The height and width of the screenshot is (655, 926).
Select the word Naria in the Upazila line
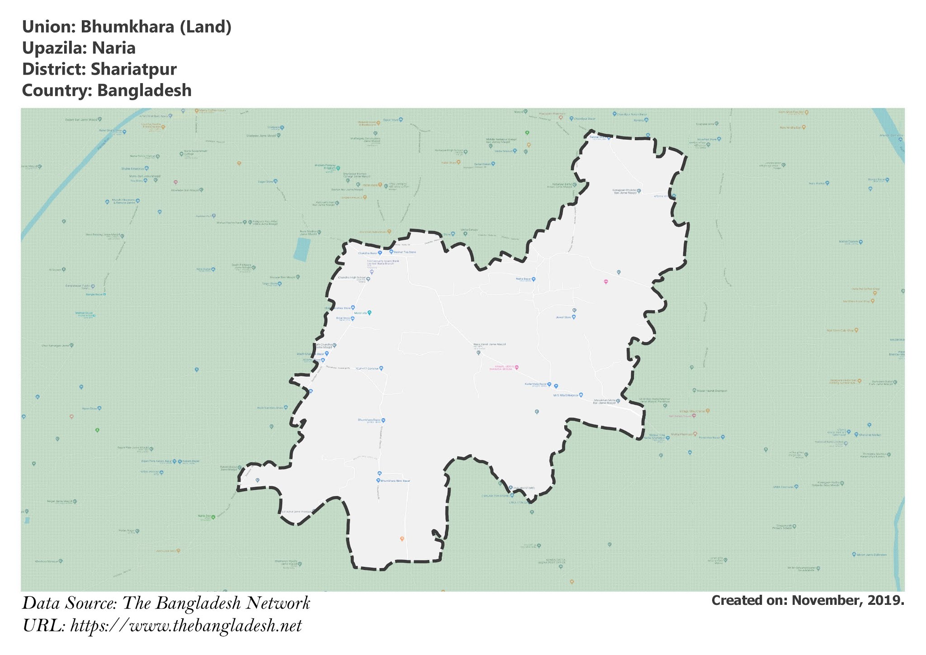pos(113,48)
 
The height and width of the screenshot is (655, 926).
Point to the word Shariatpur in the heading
pos(133,69)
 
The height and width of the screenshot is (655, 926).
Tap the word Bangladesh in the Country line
pos(144,90)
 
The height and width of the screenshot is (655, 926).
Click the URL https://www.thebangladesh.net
pos(186,626)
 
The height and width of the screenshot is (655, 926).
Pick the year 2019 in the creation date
pos(886,600)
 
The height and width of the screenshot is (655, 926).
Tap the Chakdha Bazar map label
pos(368,253)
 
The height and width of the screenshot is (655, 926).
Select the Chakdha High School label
pos(352,278)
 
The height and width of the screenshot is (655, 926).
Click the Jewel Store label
pos(563,317)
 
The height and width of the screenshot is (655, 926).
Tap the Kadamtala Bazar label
pos(536,384)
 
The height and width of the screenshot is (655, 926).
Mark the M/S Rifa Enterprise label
pos(566,395)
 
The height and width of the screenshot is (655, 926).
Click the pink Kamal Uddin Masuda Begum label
pos(501,368)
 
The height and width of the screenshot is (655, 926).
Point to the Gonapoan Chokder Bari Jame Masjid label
pos(625,191)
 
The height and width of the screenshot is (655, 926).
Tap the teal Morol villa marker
pos(369,313)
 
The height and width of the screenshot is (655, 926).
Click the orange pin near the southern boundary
pos(402,538)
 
